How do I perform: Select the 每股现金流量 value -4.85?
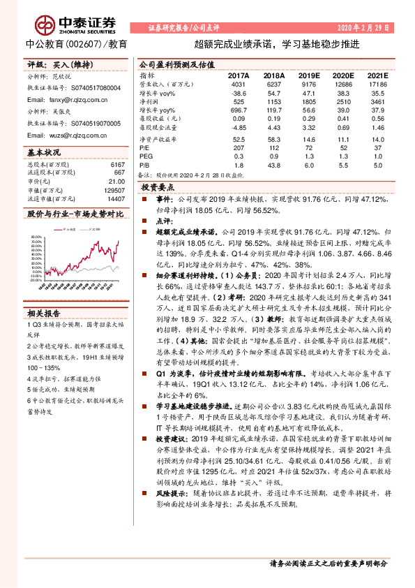(239, 128)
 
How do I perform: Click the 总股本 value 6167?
(118, 164)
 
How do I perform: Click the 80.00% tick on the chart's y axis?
(36, 237)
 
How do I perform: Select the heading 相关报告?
(44, 312)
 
